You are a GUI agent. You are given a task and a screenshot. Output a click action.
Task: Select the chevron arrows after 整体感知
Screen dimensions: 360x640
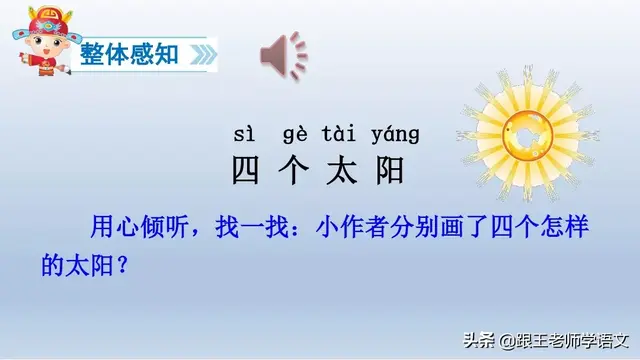click(203, 53)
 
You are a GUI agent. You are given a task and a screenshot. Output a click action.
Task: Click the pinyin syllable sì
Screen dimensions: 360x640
click(245, 134)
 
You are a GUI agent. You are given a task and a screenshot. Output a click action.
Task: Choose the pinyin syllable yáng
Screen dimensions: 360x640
click(395, 134)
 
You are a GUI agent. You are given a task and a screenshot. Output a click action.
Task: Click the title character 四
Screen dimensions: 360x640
click(246, 171)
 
